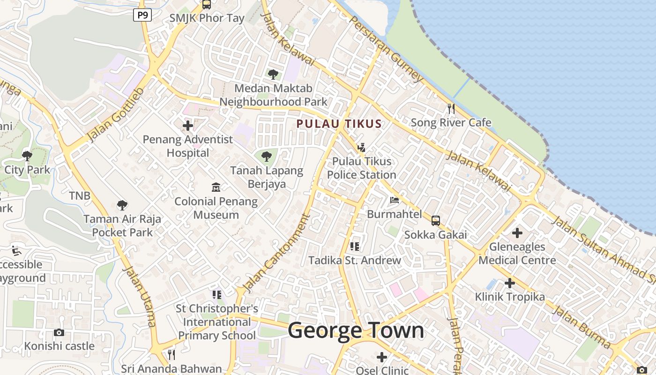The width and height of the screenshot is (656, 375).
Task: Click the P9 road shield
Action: (x=142, y=15)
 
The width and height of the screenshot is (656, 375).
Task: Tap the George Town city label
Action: (x=356, y=330)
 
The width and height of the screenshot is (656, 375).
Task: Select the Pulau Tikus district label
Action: (x=339, y=124)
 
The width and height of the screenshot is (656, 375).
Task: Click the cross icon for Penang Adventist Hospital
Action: (x=188, y=126)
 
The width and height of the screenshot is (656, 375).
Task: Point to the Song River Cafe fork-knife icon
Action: (x=451, y=109)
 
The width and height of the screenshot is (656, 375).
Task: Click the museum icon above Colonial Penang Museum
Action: (x=216, y=187)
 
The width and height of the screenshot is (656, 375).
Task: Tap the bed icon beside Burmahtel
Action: (x=395, y=200)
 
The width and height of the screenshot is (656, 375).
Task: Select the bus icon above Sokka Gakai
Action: (x=436, y=221)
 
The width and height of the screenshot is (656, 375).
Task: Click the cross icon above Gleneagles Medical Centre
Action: (x=517, y=232)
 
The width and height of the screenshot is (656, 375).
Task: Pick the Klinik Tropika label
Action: (x=510, y=297)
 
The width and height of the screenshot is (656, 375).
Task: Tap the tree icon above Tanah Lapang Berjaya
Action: (x=267, y=157)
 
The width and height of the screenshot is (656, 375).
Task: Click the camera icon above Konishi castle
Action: (x=59, y=332)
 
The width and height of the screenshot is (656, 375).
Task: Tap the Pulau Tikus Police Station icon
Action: (x=361, y=148)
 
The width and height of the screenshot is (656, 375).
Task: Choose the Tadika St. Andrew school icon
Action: (x=355, y=246)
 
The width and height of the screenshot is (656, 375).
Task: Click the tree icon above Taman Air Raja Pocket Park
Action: (x=122, y=205)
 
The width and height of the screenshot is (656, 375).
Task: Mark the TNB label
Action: (x=80, y=196)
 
